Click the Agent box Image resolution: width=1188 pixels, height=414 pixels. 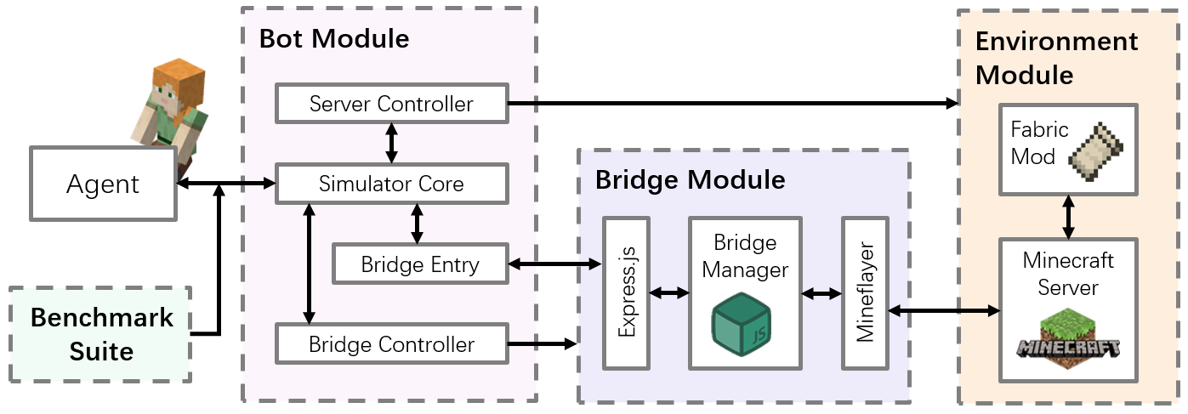[102, 184]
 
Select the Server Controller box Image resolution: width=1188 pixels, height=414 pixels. [391, 104]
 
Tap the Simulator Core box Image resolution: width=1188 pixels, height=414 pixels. [391, 184]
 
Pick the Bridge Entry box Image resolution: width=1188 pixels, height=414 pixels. [420, 264]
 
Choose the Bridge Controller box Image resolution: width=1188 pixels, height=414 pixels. [391, 344]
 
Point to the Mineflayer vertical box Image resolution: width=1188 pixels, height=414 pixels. [864, 293]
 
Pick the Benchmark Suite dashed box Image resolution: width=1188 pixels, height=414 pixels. [101, 333]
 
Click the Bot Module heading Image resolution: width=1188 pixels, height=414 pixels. [334, 38]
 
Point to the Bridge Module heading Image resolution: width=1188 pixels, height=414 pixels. [690, 179]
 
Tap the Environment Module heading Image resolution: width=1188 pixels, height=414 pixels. [1056, 58]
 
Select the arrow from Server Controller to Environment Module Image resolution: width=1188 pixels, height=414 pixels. [731, 104]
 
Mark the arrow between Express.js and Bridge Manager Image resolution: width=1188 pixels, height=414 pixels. [668, 293]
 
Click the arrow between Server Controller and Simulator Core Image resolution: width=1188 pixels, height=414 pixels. [391, 143]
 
